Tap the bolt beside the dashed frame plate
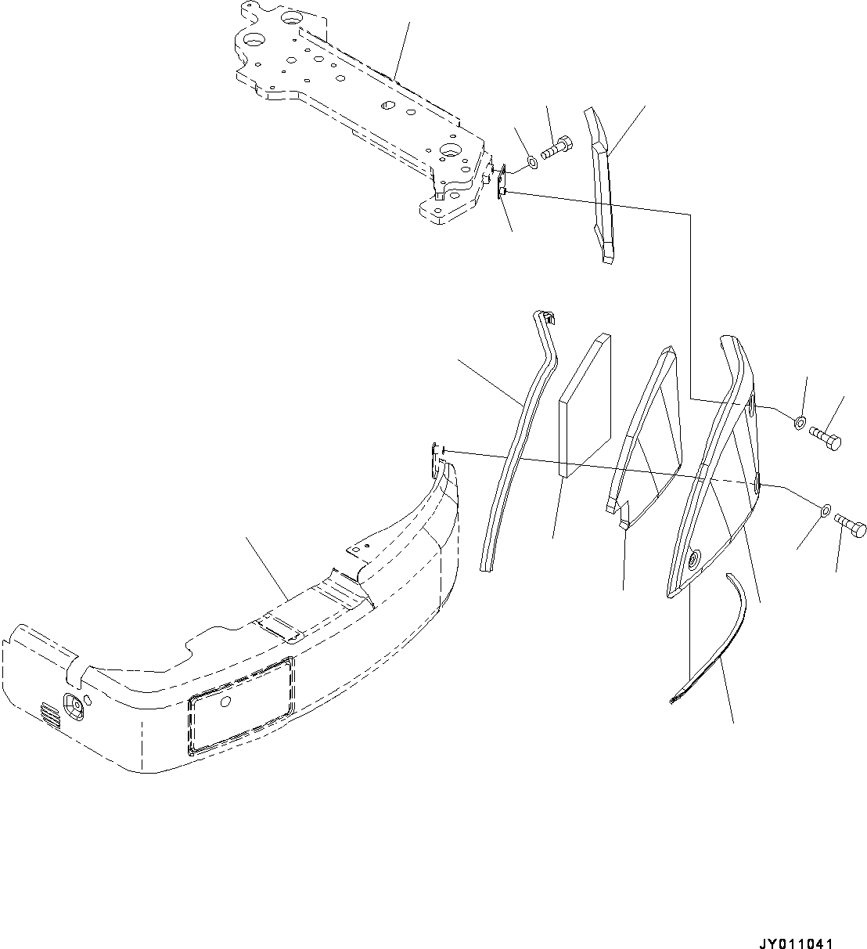556,146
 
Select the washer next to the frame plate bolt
531,162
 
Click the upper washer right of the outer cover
798,423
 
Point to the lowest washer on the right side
826,512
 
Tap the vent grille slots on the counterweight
49,715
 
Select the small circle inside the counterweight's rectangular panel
227,702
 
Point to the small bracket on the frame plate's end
502,181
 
